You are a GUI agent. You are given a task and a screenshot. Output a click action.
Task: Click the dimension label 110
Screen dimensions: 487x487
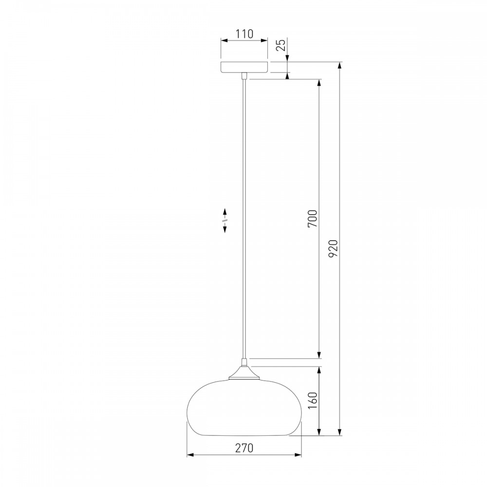click(244, 34)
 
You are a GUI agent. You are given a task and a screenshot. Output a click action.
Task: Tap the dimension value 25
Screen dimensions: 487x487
click(281, 45)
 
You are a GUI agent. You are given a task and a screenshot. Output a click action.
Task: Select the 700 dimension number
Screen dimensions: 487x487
click(313, 218)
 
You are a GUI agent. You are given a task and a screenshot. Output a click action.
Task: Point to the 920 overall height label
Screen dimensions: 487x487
click(333, 248)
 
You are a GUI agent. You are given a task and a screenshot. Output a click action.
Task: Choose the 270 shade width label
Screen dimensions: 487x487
click(244, 448)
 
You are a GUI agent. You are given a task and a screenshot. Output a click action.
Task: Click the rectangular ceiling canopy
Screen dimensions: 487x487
click(244, 67)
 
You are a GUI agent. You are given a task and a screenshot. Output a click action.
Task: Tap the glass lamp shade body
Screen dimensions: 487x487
click(244, 407)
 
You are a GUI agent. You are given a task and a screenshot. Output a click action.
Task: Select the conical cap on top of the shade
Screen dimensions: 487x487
click(244, 372)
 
